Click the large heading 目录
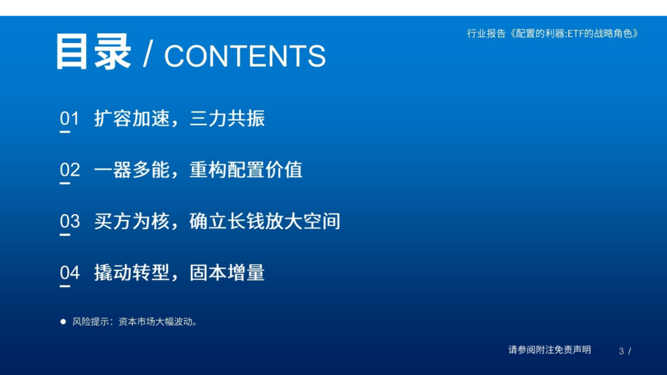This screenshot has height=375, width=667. click(93, 51)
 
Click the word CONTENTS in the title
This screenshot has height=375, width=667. click(245, 56)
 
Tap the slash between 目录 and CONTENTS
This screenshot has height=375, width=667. click(148, 55)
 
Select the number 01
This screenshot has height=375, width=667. click(69, 118)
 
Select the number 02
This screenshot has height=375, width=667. click(70, 170)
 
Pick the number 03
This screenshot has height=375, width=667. click(70, 221)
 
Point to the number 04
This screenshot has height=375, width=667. click(70, 273)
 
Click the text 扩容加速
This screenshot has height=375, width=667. click(132, 118)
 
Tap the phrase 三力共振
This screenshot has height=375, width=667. click(227, 118)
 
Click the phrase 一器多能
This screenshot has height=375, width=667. click(132, 170)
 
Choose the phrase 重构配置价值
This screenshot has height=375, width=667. click(246, 170)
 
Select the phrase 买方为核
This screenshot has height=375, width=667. click(132, 221)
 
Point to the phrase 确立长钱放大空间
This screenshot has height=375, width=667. click(265, 221)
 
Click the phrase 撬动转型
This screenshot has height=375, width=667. click(132, 273)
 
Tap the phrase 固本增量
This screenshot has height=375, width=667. click(227, 273)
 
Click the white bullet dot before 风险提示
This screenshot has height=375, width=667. click(63, 322)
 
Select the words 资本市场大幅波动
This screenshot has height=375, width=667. click(155, 322)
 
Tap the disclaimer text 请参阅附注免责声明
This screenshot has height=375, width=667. click(550, 350)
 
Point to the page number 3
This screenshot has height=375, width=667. click(621, 351)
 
